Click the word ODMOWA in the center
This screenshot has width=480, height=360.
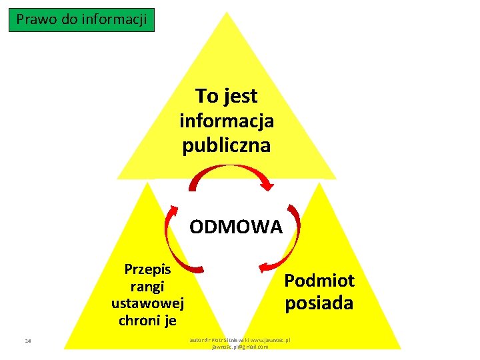pyautogui.click(x=236, y=227)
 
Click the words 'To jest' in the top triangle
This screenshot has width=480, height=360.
pyautogui.click(x=227, y=96)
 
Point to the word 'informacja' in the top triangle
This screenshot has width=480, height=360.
pyautogui.click(x=227, y=121)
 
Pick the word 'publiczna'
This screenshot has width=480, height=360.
pyautogui.click(x=227, y=145)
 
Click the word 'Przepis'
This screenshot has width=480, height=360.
pyautogui.click(x=148, y=269)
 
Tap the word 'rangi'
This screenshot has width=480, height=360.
pyautogui.click(x=148, y=286)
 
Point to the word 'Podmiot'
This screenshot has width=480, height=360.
pyautogui.click(x=319, y=280)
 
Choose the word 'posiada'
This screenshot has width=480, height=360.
pyautogui.click(x=319, y=303)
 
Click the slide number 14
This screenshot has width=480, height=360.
pyautogui.click(x=28, y=342)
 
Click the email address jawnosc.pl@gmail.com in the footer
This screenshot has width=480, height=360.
pyautogui.click(x=240, y=347)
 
